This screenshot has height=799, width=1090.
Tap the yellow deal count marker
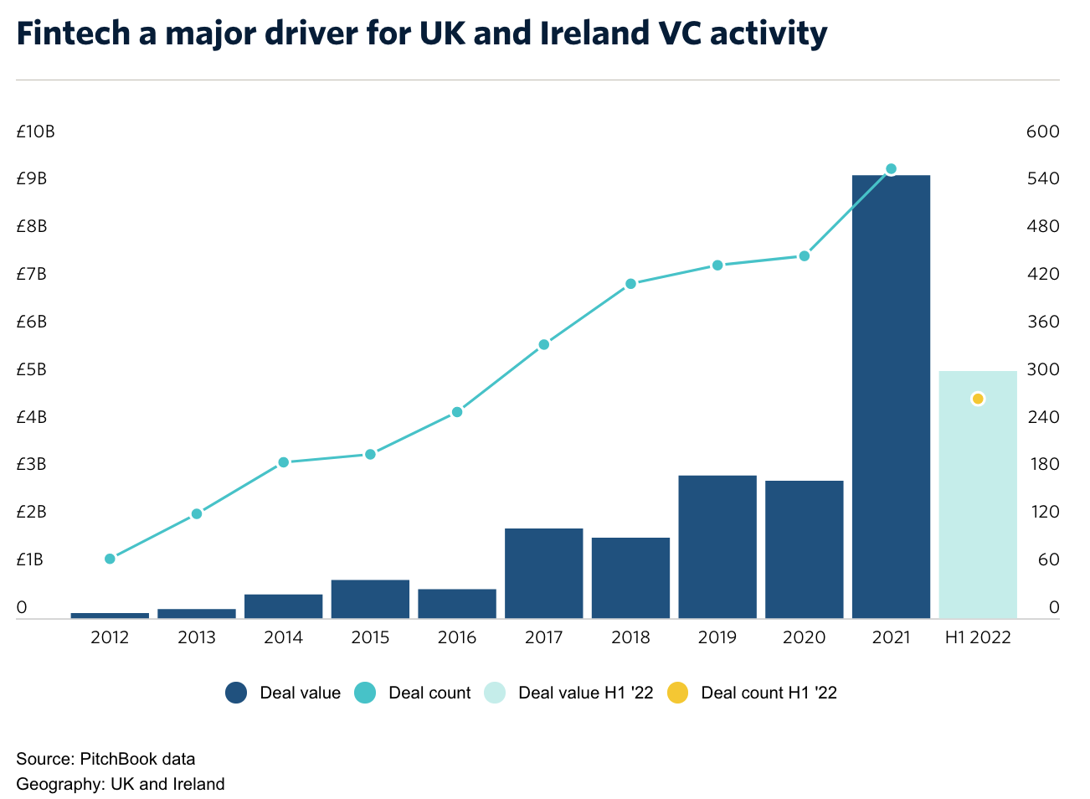978,399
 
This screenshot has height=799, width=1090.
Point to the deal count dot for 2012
110,559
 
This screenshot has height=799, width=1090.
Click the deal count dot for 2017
543,344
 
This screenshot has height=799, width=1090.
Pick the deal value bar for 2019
717,547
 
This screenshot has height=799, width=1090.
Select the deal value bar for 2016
457,604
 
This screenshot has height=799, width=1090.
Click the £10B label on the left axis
35,131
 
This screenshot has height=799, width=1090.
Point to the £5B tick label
32,369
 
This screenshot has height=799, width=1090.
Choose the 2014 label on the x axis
283,638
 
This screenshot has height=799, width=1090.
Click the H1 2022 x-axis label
978,638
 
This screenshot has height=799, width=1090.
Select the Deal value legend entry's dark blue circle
236,693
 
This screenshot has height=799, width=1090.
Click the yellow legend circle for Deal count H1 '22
677,693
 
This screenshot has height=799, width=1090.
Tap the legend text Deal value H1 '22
585,693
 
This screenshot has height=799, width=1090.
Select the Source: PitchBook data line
105,759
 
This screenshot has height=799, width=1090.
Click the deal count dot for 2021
891,169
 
